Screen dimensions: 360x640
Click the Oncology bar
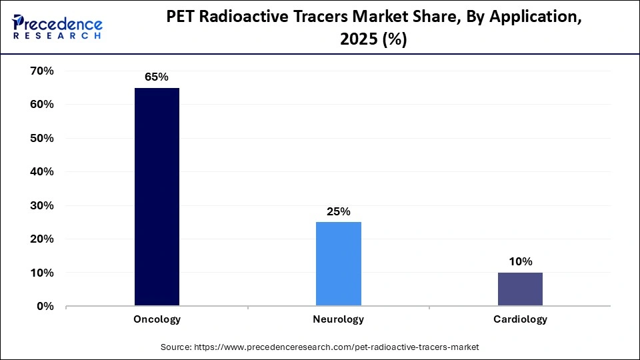[x=157, y=197]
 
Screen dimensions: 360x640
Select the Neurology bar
[x=339, y=264]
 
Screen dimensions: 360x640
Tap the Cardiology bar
[x=520, y=289]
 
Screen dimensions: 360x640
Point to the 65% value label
[x=157, y=77]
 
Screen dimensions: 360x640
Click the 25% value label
[x=339, y=211]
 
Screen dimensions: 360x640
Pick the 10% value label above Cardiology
[x=520, y=262]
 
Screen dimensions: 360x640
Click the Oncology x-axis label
[x=157, y=319]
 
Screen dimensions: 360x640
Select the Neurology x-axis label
[x=339, y=319]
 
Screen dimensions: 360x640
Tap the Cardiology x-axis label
[x=520, y=319]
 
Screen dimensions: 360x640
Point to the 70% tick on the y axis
[x=42, y=71]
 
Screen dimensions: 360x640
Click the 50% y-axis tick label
[x=42, y=138]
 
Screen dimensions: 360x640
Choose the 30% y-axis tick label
[x=42, y=205]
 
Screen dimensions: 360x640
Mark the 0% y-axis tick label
[x=45, y=307]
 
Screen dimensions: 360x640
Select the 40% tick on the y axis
[x=42, y=172]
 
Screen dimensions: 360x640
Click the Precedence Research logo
[x=57, y=27]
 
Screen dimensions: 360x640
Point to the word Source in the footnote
[x=175, y=347]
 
